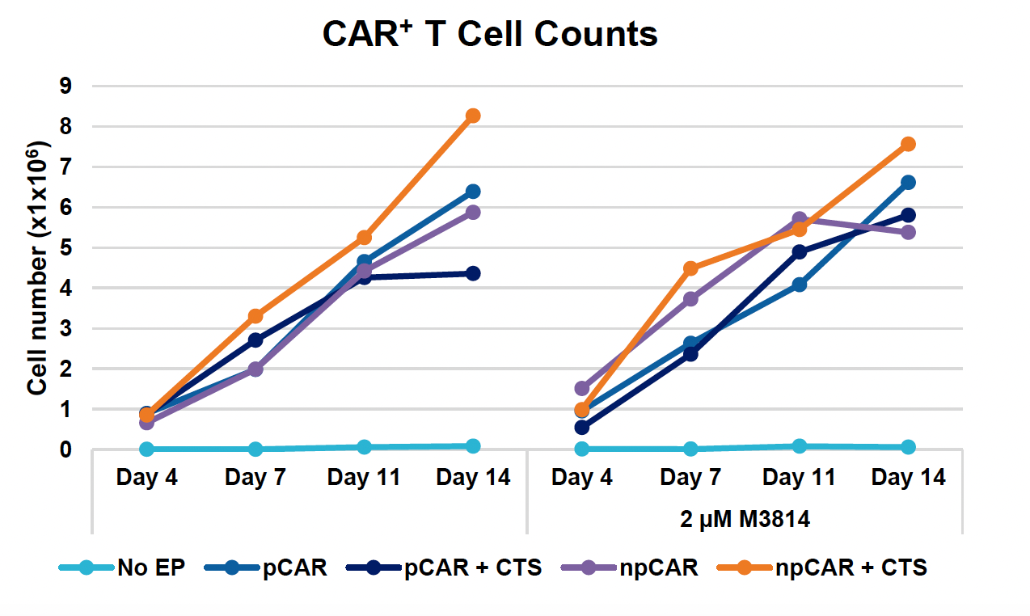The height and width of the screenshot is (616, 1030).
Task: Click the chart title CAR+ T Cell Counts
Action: [490, 35]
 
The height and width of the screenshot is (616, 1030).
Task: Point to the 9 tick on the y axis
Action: [66, 86]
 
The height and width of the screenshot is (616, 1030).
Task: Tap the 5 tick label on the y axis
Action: [66, 247]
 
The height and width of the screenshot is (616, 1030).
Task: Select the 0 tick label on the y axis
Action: [66, 449]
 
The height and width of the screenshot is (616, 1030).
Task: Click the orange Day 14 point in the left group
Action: [473, 116]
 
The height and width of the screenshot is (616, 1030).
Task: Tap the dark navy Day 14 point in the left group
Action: [473, 273]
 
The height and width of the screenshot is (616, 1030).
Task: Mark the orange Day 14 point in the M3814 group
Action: [908, 144]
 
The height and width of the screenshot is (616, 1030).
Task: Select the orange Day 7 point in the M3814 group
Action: [690, 268]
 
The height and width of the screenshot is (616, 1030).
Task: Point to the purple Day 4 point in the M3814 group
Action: [582, 389]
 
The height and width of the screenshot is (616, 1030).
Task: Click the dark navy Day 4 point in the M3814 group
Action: [582, 427]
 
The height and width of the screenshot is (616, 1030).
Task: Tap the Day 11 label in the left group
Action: [364, 478]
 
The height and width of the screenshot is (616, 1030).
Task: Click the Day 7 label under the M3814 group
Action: [690, 478]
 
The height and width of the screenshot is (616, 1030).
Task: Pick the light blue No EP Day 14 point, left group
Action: [473, 446]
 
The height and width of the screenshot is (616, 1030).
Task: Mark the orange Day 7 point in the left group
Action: [255, 316]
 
